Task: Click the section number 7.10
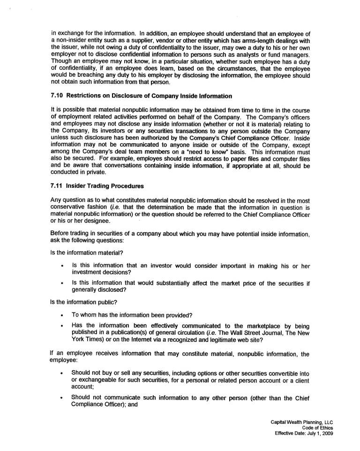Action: tap(57, 96)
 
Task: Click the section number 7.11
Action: tap(57, 185)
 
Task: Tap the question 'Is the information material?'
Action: tap(86, 253)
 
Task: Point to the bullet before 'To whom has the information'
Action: tap(62, 315)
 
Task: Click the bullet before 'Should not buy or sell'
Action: tap(62, 373)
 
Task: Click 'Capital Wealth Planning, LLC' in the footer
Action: tap(302, 422)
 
